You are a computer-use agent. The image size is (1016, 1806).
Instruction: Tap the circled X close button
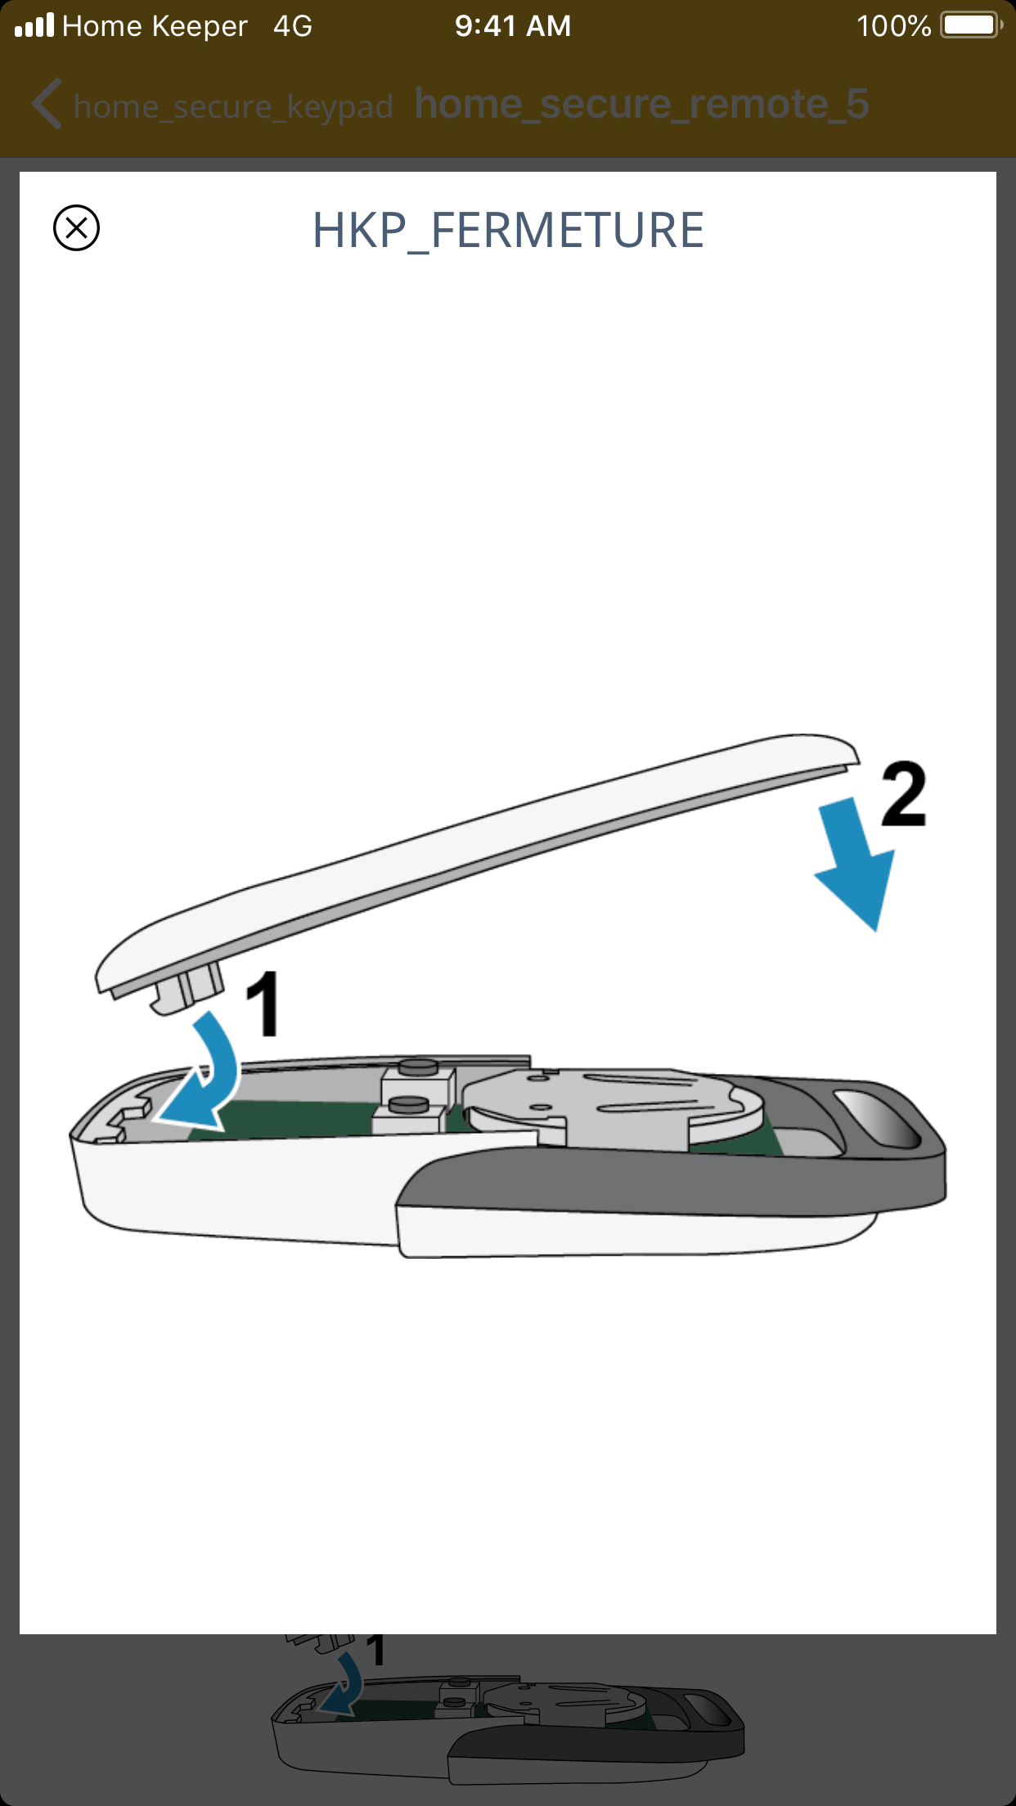[76, 227]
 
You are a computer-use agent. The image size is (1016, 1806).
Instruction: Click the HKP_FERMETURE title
[508, 231]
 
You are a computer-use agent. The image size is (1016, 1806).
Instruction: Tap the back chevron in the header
[47, 104]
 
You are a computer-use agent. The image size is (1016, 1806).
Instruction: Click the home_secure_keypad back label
[233, 106]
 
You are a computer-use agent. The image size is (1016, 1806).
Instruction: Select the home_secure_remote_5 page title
[641, 104]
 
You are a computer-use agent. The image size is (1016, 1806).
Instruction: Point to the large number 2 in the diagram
[903, 793]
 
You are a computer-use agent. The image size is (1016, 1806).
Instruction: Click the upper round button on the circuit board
[418, 1067]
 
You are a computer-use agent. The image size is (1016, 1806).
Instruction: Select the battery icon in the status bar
[972, 25]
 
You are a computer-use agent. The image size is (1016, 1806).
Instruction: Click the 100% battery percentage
[893, 26]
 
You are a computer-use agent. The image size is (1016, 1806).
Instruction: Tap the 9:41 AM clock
[513, 26]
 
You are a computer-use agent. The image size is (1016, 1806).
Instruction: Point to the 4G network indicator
[293, 26]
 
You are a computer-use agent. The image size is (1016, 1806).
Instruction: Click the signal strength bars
[34, 25]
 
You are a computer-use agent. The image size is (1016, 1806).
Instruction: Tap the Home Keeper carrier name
[155, 26]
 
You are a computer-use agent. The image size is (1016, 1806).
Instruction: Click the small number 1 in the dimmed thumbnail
[375, 1651]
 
